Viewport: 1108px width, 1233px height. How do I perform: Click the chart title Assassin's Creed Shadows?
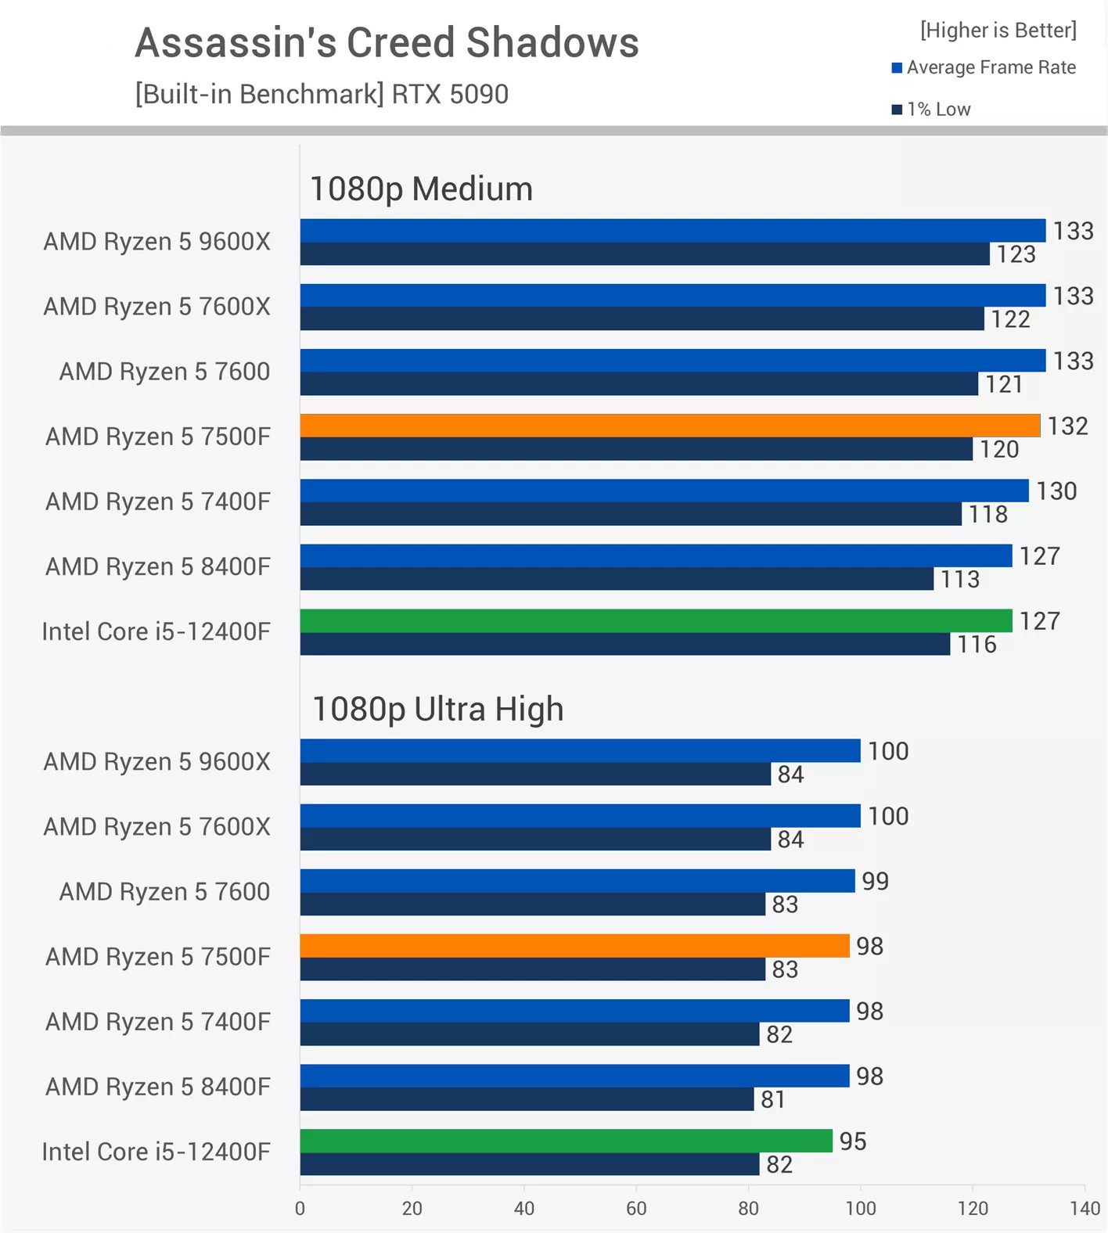coord(387,43)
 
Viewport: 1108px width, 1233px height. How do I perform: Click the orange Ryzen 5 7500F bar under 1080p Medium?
coord(670,426)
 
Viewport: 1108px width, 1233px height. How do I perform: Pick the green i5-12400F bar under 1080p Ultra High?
coord(566,1141)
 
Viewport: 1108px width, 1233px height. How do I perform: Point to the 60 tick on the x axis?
coord(636,1209)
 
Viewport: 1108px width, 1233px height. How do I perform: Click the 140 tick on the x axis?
coord(1085,1209)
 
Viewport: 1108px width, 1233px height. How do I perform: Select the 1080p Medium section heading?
coord(421,189)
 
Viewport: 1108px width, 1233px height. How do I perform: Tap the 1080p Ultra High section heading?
coord(437,710)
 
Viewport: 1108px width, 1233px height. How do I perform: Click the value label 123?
coord(1016,254)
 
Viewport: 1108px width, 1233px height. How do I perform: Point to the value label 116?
coord(977,644)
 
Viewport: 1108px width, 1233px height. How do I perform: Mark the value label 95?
coord(852,1141)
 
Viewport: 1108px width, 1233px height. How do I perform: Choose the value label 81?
coord(773,1099)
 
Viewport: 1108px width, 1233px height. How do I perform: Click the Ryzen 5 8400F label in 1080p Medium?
coord(157,566)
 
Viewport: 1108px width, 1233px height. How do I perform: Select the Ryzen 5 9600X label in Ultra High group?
coord(156,761)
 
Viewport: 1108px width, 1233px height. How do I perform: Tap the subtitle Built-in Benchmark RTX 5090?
coord(322,95)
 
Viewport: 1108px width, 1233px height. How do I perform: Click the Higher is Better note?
coord(998,31)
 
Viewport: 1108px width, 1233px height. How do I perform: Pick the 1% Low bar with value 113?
coord(617,579)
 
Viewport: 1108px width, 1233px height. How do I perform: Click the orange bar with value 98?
coord(574,946)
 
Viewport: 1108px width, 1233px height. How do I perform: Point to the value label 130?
coord(1056,491)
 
